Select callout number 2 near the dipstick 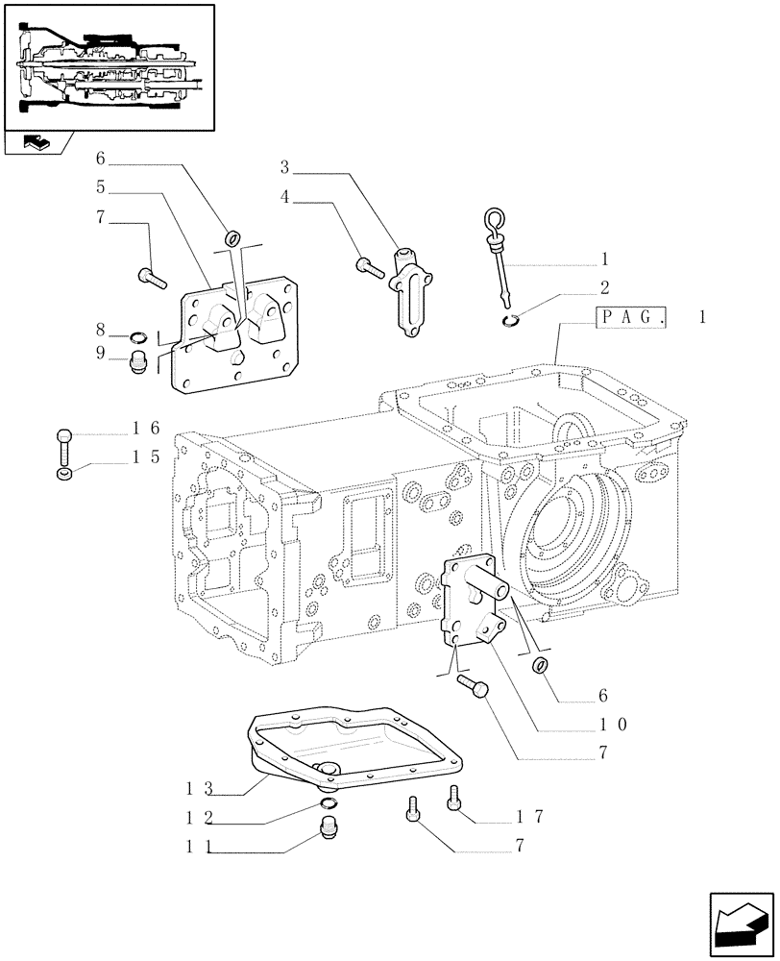(x=605, y=287)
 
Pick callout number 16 (x=139, y=430)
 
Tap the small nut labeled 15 (x=64, y=473)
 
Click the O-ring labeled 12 (x=329, y=802)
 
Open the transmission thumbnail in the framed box (x=109, y=65)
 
